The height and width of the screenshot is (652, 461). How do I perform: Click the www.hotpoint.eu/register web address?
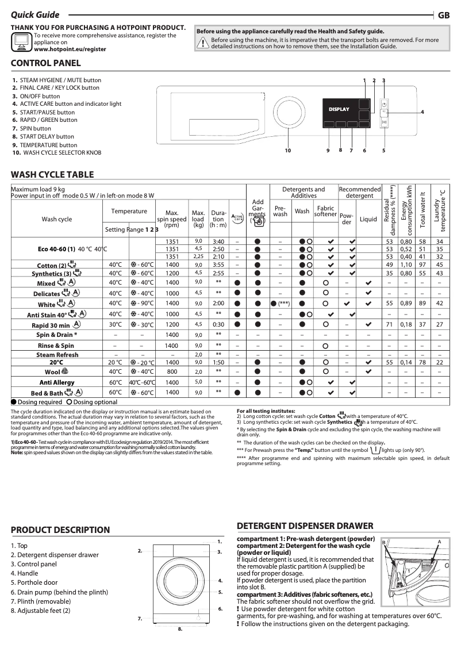[70, 49]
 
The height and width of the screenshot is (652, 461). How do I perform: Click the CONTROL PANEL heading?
[46, 63]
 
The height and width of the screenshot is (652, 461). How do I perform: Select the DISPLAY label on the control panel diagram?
[339, 109]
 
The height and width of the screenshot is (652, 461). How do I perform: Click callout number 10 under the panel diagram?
[288, 151]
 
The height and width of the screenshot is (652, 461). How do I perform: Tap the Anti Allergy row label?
[56, 382]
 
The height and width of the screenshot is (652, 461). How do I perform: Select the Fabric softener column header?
[325, 211]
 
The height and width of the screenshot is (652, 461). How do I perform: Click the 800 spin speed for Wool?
[172, 372]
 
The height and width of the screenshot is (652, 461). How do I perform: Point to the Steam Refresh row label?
[57, 355]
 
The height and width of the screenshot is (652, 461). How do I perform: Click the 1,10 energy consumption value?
[407, 264]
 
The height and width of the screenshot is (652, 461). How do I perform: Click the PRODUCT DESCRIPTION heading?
[60, 530]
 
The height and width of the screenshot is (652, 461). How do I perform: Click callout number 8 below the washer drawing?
[179, 629]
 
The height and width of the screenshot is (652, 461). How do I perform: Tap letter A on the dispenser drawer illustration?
[439, 542]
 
